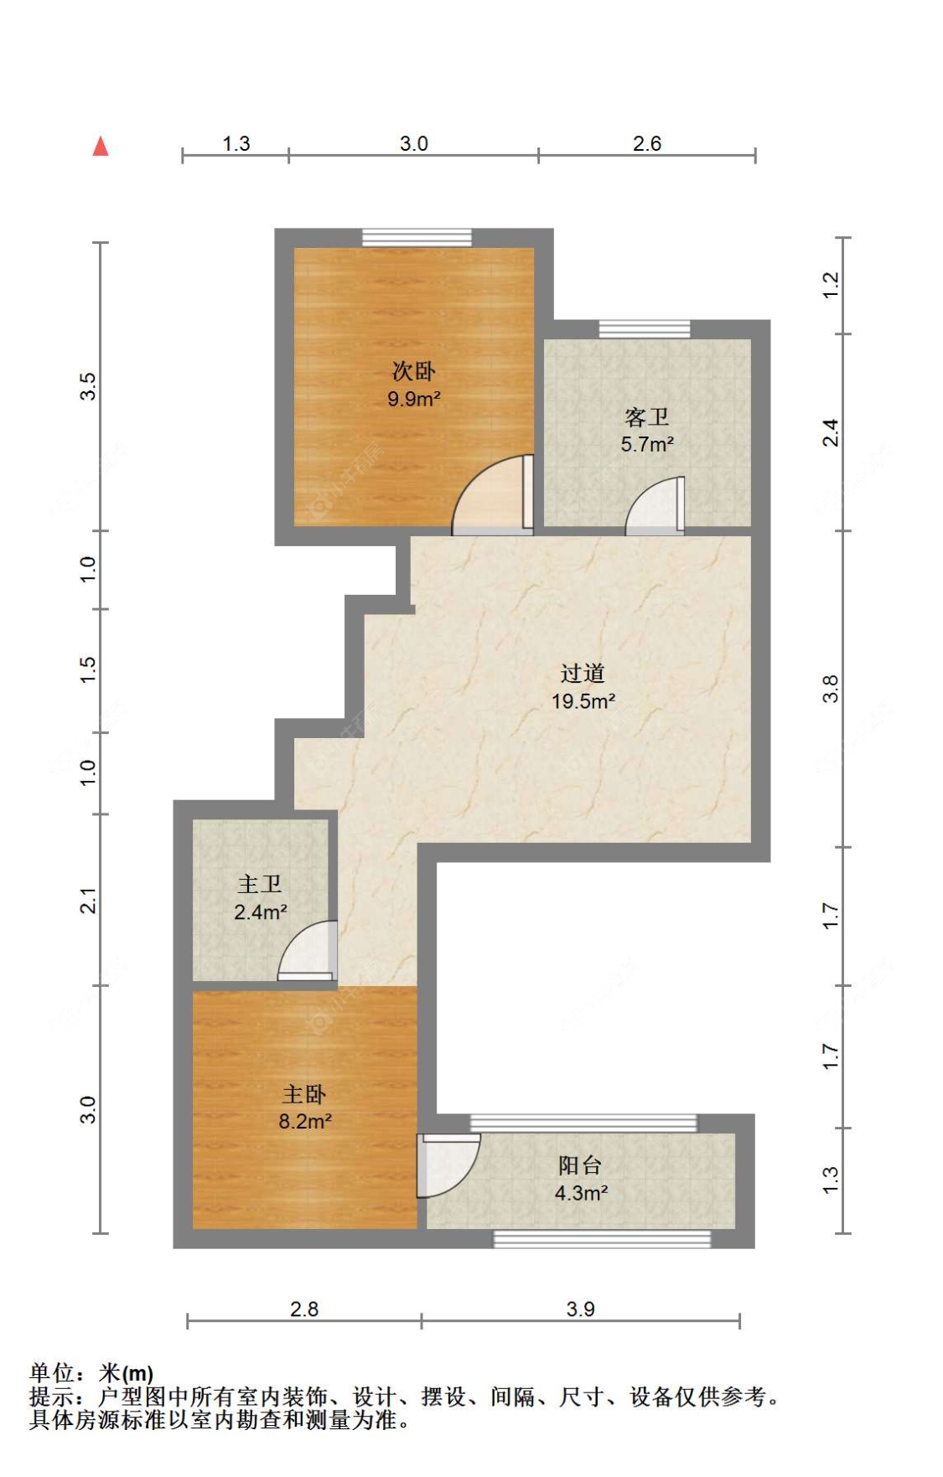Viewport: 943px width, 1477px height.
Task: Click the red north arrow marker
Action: (x=101, y=147)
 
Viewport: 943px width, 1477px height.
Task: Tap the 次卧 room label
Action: (x=414, y=371)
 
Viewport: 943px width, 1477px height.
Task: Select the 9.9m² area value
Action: (x=414, y=400)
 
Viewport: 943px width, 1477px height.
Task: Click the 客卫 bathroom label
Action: (x=647, y=416)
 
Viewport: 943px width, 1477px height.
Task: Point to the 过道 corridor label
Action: (x=583, y=673)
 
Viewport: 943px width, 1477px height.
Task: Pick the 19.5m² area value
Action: (x=583, y=701)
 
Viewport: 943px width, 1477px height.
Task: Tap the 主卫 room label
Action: (x=260, y=884)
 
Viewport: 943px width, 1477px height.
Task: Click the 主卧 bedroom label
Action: (x=304, y=1093)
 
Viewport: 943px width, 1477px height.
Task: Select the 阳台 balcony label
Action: (x=580, y=1165)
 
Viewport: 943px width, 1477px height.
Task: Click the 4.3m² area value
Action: (x=581, y=1193)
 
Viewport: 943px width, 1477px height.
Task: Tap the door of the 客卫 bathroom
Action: (x=655, y=506)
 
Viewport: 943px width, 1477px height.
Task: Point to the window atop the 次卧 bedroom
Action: (x=417, y=238)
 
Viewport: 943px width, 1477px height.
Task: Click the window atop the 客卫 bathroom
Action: (x=645, y=329)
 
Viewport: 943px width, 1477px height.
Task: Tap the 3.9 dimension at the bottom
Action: (x=580, y=1309)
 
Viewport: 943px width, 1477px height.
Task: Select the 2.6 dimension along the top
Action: (x=647, y=143)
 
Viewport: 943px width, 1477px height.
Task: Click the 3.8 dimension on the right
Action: (x=830, y=689)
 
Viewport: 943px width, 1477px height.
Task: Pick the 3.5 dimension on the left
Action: (x=88, y=386)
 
